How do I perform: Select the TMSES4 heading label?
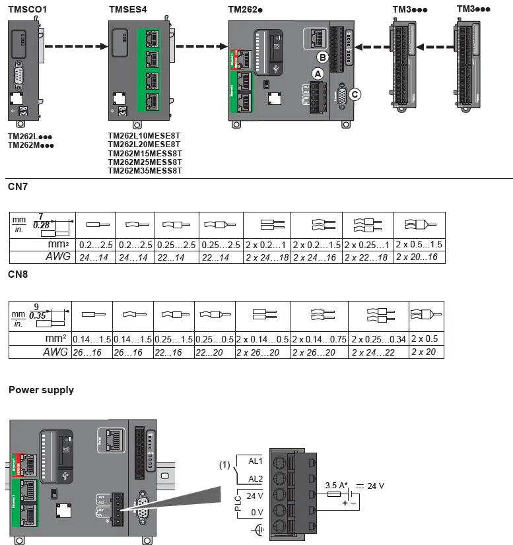point(128,9)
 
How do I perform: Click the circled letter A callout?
point(318,74)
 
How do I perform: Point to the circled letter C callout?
point(355,94)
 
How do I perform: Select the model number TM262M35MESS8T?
point(145,171)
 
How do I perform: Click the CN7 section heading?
point(17,187)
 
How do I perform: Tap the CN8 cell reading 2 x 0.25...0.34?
point(378,339)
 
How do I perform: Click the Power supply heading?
point(41,390)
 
